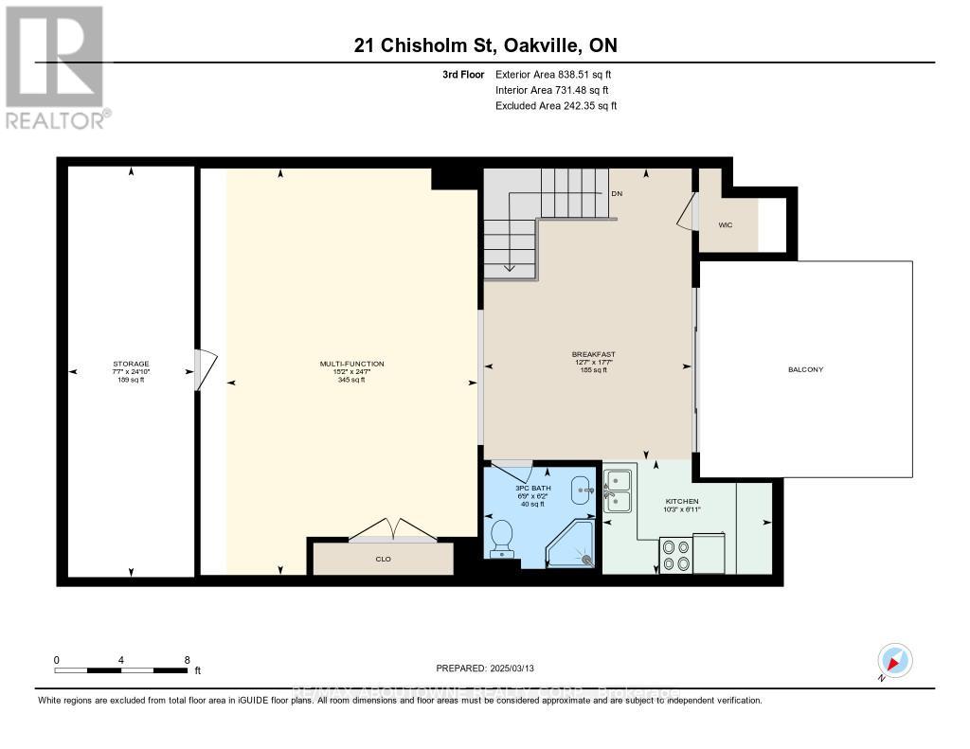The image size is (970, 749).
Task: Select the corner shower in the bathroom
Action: (x=574, y=544)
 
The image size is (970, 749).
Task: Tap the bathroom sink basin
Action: (x=581, y=490)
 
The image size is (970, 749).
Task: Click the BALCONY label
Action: (x=805, y=369)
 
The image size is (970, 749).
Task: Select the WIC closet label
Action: (x=726, y=224)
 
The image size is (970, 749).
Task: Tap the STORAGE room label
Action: (x=131, y=364)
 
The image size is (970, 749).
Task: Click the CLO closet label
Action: (x=383, y=559)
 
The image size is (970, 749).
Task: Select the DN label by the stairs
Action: (x=617, y=193)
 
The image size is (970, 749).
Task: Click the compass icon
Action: (x=894, y=660)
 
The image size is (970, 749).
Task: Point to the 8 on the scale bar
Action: (x=187, y=659)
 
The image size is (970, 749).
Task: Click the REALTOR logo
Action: (x=56, y=67)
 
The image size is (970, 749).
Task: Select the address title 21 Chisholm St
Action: (x=485, y=45)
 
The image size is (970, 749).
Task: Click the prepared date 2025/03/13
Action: (x=485, y=667)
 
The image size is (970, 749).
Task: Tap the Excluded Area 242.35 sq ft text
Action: (x=556, y=106)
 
